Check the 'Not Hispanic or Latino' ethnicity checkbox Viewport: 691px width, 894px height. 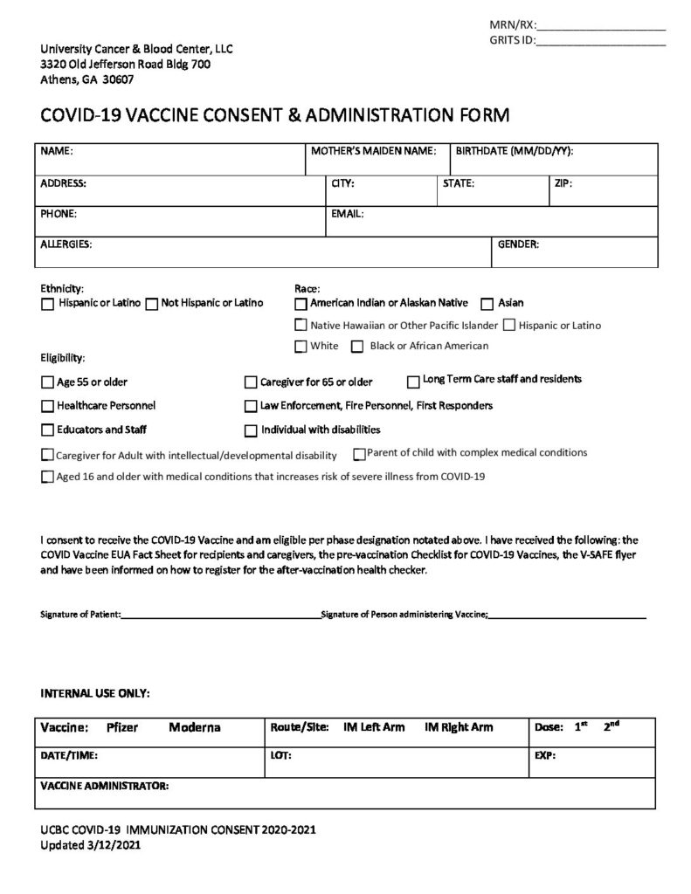tap(152, 304)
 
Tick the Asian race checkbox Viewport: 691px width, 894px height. tap(487, 304)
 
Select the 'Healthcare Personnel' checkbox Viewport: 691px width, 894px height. tap(47, 406)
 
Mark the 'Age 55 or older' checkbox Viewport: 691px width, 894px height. tap(47, 382)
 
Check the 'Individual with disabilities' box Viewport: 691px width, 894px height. tap(252, 430)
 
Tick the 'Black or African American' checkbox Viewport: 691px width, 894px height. tap(357, 347)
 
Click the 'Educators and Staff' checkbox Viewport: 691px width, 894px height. tap(47, 430)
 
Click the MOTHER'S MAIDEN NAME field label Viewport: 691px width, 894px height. tap(373, 151)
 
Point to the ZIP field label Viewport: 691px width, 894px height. tap(563, 184)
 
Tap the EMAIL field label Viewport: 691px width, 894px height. tap(348, 213)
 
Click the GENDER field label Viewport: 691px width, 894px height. tap(518, 244)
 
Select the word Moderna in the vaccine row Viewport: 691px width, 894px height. tap(195, 727)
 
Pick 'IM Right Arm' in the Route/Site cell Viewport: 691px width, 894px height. tap(459, 727)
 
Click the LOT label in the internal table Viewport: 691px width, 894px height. tap(281, 755)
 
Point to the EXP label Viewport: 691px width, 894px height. tap(544, 755)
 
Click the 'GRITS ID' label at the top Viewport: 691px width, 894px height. tap(511, 40)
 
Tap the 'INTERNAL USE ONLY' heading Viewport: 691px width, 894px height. tap(96, 693)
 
